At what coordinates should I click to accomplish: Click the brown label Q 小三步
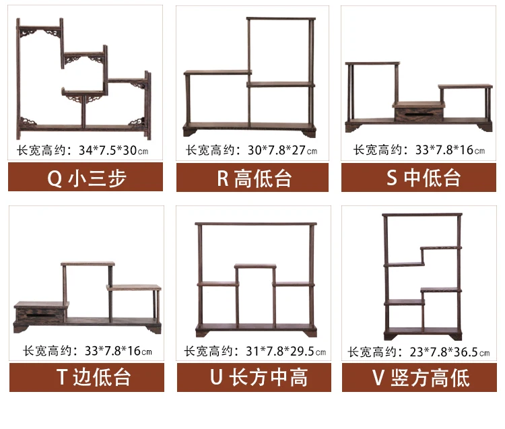tap(87, 178)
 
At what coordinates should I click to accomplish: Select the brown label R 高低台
tap(252, 178)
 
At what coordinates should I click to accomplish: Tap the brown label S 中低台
tap(418, 178)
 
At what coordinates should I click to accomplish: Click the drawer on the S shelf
tap(419, 112)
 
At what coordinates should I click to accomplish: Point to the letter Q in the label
tap(55, 178)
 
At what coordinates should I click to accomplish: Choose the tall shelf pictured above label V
tap(423, 276)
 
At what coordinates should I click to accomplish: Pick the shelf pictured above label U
tap(255, 279)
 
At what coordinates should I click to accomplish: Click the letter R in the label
tap(223, 178)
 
